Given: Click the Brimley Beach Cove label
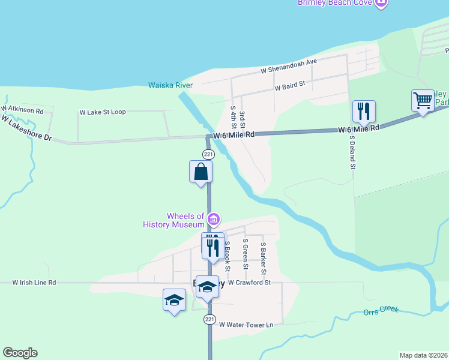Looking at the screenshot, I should click(x=336, y=3).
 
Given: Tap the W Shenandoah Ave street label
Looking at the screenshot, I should click(x=288, y=67).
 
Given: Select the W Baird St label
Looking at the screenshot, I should click(x=291, y=86).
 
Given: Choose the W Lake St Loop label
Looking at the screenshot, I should click(x=103, y=112).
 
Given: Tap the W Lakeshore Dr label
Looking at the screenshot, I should click(x=26, y=128).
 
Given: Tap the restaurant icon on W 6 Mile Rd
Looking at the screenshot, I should click(x=364, y=111).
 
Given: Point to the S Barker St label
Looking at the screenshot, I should click(x=263, y=254).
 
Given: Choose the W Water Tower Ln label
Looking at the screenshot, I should click(x=246, y=325).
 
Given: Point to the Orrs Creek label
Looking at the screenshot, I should click(x=381, y=312).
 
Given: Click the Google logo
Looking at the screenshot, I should click(x=20, y=353).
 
